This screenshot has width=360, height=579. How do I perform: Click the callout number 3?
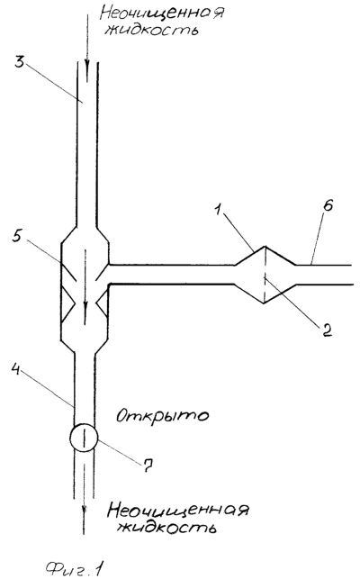[x=19, y=61]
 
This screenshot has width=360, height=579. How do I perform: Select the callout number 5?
[x=16, y=237]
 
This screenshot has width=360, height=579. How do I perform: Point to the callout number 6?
[x=328, y=205]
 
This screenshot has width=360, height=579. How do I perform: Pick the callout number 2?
[x=327, y=330]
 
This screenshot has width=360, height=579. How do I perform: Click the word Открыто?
[x=162, y=416]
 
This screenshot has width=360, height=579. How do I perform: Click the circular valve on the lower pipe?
[x=84, y=438]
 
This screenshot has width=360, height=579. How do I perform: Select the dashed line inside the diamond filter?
[x=265, y=275]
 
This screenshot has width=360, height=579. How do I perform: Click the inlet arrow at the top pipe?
[x=87, y=48]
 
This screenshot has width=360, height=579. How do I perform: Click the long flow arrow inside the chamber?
[x=85, y=287]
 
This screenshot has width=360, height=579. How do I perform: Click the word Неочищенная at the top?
[x=162, y=14]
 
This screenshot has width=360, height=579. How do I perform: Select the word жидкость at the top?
[x=151, y=30]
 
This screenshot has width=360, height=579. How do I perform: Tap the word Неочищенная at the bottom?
[x=177, y=511]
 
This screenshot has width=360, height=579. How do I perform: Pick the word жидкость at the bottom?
[x=166, y=528]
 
